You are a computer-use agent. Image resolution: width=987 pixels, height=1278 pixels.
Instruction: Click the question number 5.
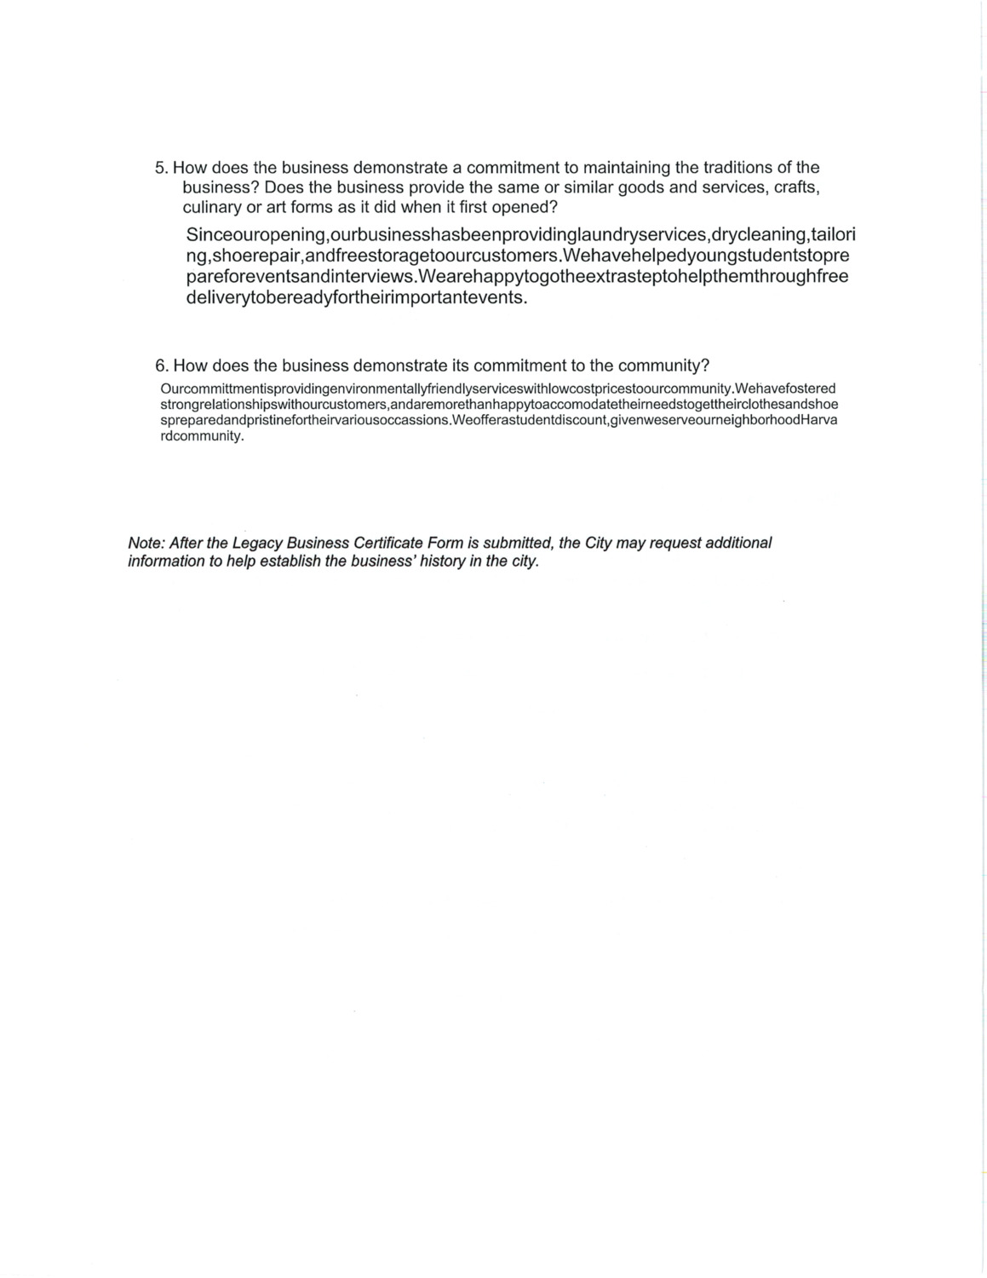(x=161, y=168)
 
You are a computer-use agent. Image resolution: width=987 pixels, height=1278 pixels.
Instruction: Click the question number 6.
(x=161, y=366)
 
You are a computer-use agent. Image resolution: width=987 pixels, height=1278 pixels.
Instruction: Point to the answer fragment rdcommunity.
(x=202, y=436)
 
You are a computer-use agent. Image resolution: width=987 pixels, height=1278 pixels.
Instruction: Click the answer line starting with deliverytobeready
(x=356, y=299)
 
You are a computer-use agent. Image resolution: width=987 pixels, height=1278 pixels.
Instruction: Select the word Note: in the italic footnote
(x=146, y=544)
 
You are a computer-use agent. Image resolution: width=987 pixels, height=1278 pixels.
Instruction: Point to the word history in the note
(x=440, y=562)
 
